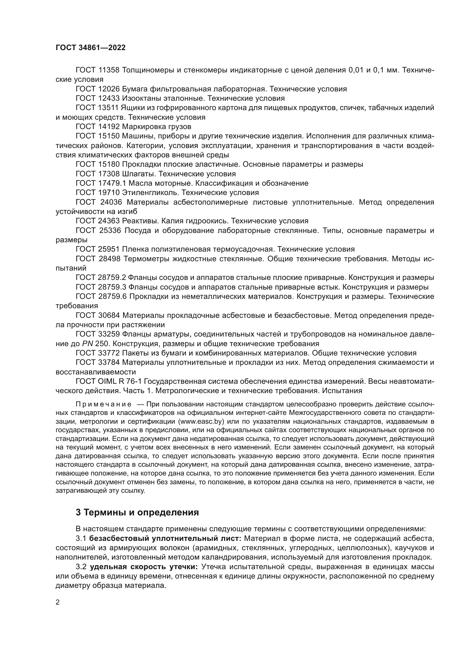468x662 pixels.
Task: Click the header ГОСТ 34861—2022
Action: pos(91,48)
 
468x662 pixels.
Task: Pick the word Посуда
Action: pos(138,230)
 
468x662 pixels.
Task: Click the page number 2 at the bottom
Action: pos(58,602)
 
